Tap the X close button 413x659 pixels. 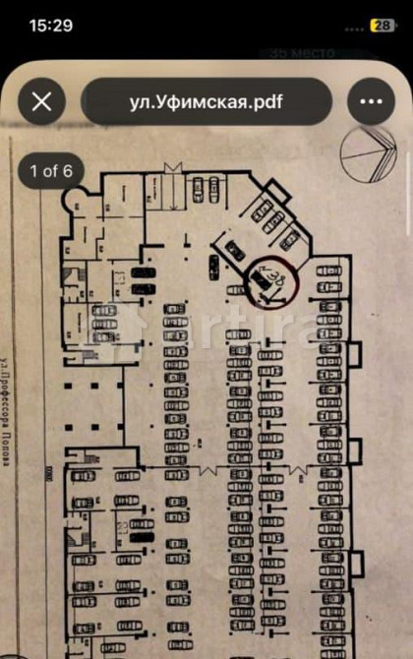pyautogui.click(x=41, y=101)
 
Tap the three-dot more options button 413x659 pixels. pyautogui.click(x=370, y=101)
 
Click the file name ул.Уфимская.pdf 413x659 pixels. pyautogui.click(x=206, y=101)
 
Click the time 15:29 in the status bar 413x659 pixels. pyautogui.click(x=51, y=26)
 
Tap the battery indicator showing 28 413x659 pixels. pyautogui.click(x=381, y=26)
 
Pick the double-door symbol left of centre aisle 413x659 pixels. pyautogui.click(x=209, y=469)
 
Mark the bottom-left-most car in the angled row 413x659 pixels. pyautogui.click(x=213, y=264)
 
